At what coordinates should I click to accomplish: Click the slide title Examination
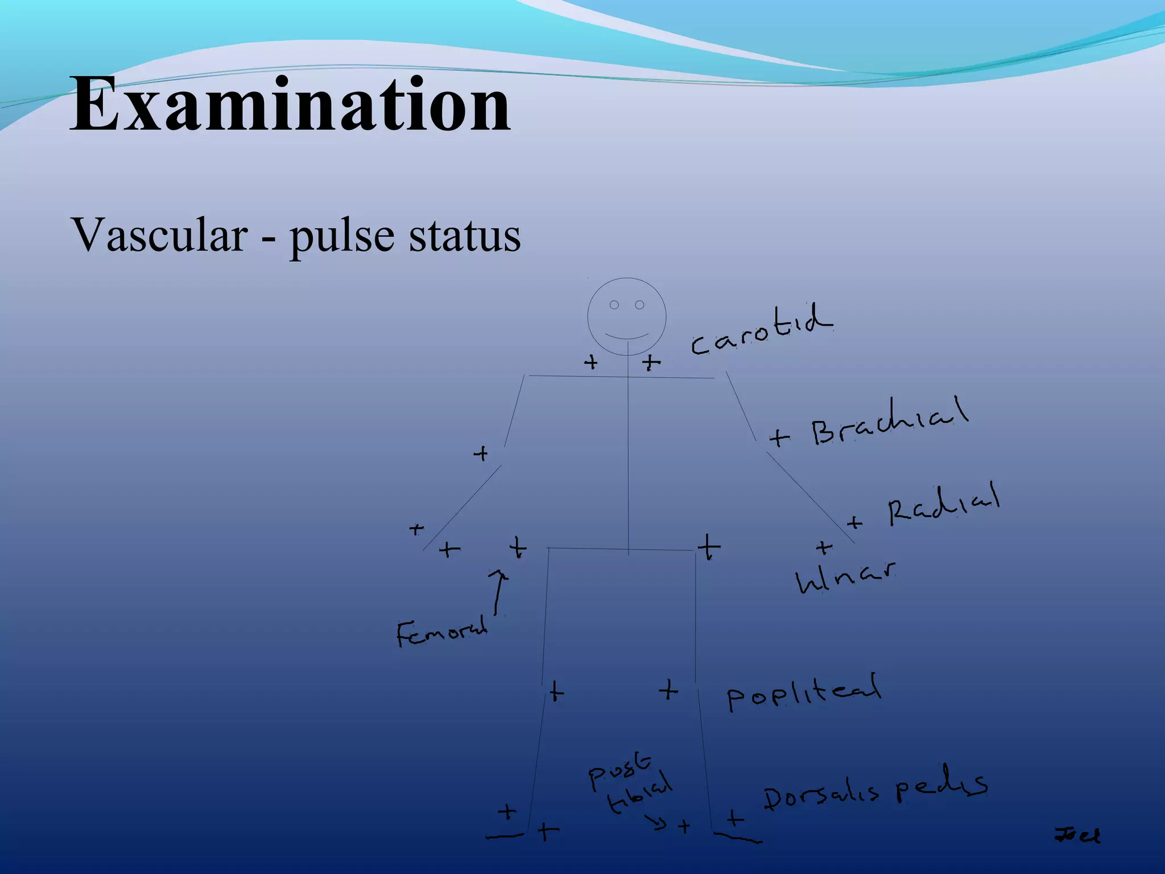pos(290,105)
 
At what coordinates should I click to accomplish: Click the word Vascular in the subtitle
pos(160,235)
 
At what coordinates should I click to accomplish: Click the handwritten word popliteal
pos(803,692)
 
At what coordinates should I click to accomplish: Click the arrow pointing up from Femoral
pos(499,592)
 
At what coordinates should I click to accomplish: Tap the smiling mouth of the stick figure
pos(626,336)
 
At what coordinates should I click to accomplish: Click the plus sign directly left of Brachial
pos(779,438)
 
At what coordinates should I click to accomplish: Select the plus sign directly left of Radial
pos(854,522)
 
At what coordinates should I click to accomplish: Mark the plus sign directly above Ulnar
pos(824,548)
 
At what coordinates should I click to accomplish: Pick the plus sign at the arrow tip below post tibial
pos(684,826)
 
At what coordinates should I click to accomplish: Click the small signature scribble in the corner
pos(1077,835)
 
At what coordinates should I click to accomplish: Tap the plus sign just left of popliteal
pos(669,690)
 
